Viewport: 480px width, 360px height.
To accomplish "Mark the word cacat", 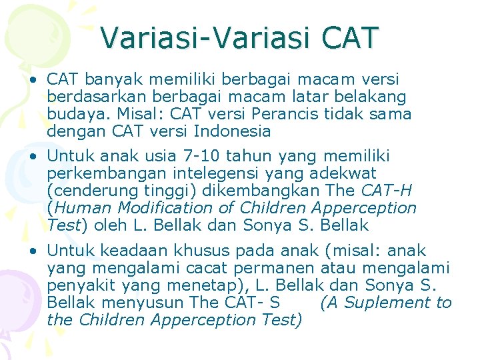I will click(200, 269).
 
